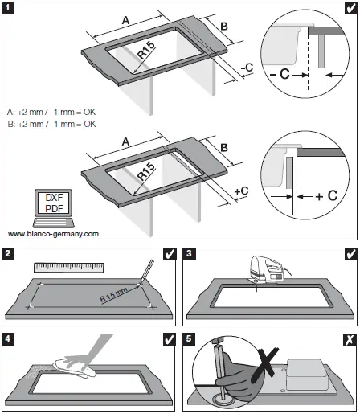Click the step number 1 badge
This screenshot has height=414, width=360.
(9, 9)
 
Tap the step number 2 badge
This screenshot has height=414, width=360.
(9, 254)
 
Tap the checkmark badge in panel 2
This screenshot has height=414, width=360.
(170, 254)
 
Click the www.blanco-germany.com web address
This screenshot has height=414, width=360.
(53, 235)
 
